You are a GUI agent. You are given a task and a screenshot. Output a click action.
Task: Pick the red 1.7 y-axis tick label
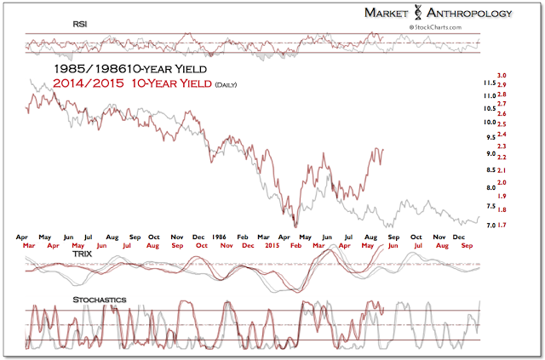(503, 226)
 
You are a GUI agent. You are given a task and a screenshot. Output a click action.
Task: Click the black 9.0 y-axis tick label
(491, 154)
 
